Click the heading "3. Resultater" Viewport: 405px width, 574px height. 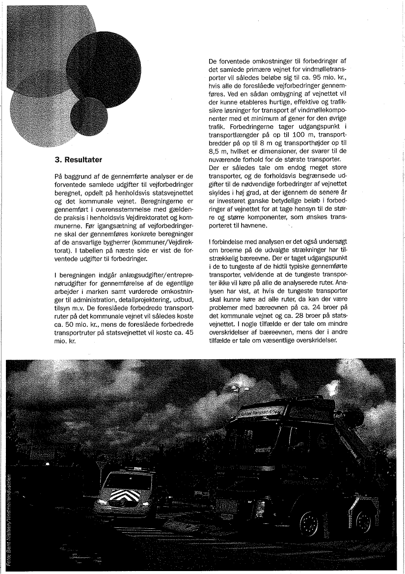[x=81, y=160]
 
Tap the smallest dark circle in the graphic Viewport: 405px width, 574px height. [x=88, y=116]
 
